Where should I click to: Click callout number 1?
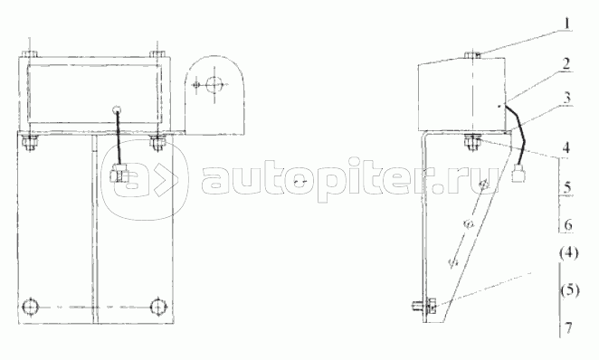tap(567, 23)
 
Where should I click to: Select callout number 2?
tap(566, 63)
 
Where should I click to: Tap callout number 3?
tap(567, 98)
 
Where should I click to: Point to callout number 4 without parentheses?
tap(567, 147)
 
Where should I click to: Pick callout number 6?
tap(568, 225)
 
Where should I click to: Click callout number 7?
tap(568, 328)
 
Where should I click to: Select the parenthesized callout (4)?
tap(568, 253)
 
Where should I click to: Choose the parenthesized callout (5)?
tap(569, 291)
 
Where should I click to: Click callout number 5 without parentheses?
tap(567, 187)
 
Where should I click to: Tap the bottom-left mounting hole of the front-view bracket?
tap(30, 307)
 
